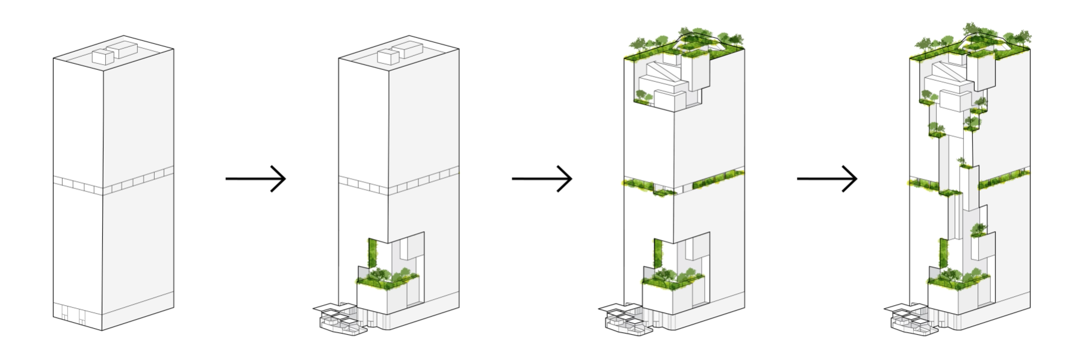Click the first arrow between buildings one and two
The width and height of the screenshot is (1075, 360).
pos(256,179)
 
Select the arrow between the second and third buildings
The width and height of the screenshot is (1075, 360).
pos(542,179)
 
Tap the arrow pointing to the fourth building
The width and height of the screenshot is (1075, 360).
pos(827,179)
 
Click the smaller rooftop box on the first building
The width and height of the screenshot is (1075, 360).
pos(102,57)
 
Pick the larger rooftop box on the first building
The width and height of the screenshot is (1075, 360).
pos(126,49)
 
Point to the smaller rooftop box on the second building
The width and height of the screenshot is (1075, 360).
pos(388,57)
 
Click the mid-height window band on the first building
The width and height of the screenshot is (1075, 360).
pos(113,184)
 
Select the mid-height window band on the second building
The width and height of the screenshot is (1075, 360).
pos(398,184)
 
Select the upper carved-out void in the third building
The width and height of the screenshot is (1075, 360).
pos(668,84)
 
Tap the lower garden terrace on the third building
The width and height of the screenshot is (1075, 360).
pos(672,277)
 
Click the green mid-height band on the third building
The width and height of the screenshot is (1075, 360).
pos(683,184)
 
